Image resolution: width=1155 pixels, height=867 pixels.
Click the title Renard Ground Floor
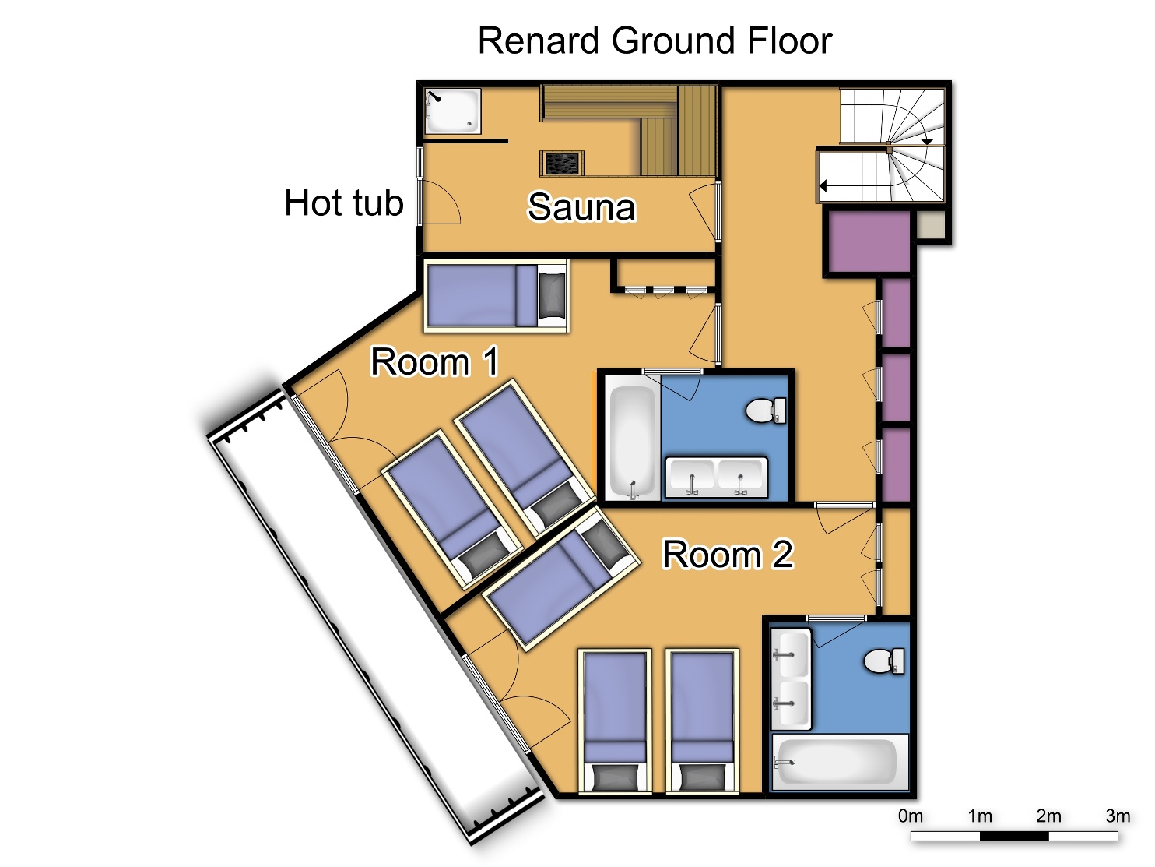tap(655, 41)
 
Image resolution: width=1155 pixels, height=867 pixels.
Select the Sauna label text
tap(581, 207)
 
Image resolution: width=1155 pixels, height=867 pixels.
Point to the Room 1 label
tap(434, 361)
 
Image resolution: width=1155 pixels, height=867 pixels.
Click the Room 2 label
tap(728, 554)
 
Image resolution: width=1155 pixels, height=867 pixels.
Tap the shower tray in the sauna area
tap(453, 111)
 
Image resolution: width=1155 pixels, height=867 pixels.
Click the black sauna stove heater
tap(561, 163)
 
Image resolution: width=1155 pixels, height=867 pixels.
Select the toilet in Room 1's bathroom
tap(766, 411)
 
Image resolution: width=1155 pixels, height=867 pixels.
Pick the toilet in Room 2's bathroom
tap(884, 661)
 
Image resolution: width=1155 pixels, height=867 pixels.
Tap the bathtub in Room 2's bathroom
tap(840, 762)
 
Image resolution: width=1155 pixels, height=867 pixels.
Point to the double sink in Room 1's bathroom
tap(716, 478)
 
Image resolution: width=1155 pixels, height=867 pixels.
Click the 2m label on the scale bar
tap(1048, 816)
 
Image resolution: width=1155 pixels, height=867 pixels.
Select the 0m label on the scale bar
tap(911, 816)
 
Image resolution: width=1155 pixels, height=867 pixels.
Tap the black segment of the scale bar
tap(1014, 836)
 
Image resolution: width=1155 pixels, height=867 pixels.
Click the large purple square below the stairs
tap(869, 241)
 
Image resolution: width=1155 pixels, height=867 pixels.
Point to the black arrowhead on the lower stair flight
tap(823, 186)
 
